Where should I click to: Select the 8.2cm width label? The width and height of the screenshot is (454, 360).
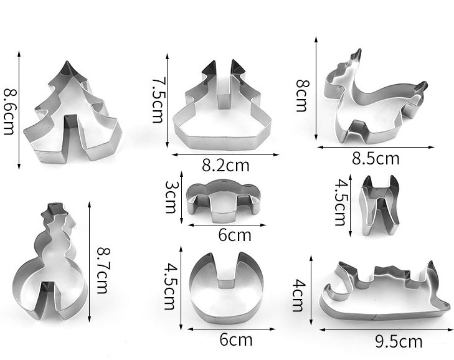[225, 166]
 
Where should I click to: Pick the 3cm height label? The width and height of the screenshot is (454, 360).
[171, 197]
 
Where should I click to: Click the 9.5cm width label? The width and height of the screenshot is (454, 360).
[399, 341]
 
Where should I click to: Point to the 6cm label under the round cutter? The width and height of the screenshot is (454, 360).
[236, 340]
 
